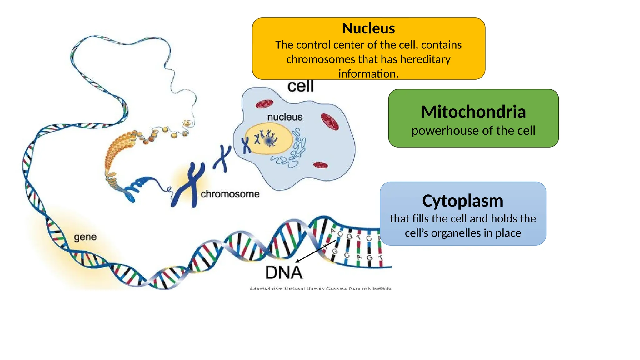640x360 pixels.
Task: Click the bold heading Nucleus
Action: [368, 28]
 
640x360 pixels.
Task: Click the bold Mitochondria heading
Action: [473, 112]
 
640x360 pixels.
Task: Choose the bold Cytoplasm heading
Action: [462, 201]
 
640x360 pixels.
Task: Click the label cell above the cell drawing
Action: [300, 86]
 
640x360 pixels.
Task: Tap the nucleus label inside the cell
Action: [285, 117]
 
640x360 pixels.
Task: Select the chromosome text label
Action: [230, 194]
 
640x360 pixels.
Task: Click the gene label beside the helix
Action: [85, 237]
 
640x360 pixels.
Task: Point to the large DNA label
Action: [284, 272]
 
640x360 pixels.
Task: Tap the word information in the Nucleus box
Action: [368, 74]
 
